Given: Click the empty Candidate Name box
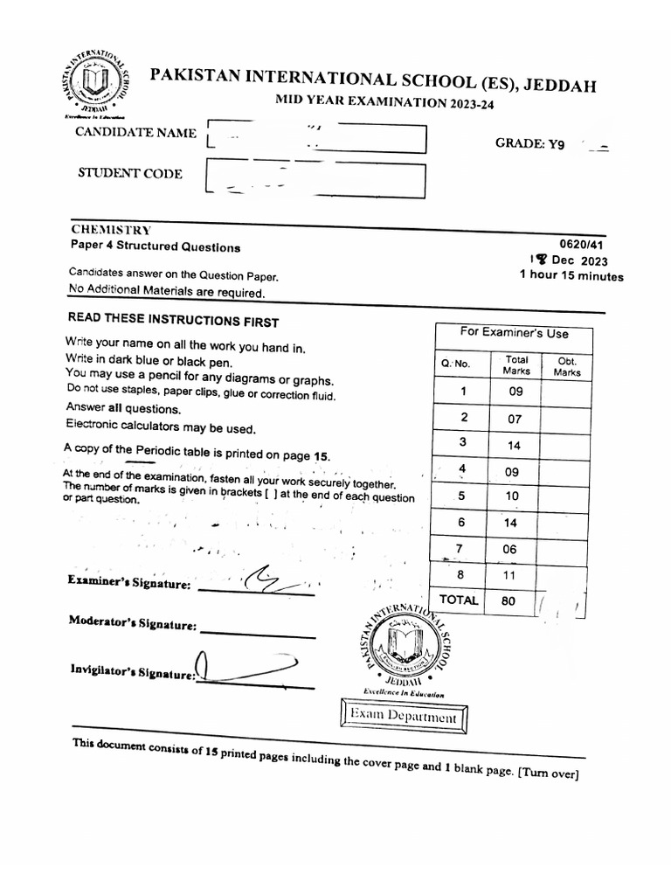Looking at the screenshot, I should click(315, 139).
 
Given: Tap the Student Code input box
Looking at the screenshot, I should click(314, 180).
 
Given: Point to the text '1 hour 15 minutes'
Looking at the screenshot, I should click(571, 276).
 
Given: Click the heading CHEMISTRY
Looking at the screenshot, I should click(111, 229).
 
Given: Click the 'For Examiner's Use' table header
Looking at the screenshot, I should click(514, 333).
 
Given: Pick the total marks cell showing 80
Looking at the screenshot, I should click(508, 601).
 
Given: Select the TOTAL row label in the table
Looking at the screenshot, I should click(459, 600).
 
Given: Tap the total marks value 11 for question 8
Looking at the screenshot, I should click(511, 575).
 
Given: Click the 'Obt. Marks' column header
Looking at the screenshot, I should click(566, 365).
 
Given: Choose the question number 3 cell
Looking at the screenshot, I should click(465, 444).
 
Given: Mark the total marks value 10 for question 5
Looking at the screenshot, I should click(511, 496).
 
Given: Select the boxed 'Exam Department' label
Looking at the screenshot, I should click(403, 718).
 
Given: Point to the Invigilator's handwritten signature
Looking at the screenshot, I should click(240, 668).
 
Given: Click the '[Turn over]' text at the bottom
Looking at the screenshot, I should click(548, 774).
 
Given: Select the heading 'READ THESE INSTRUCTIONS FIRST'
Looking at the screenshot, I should click(173, 321).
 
